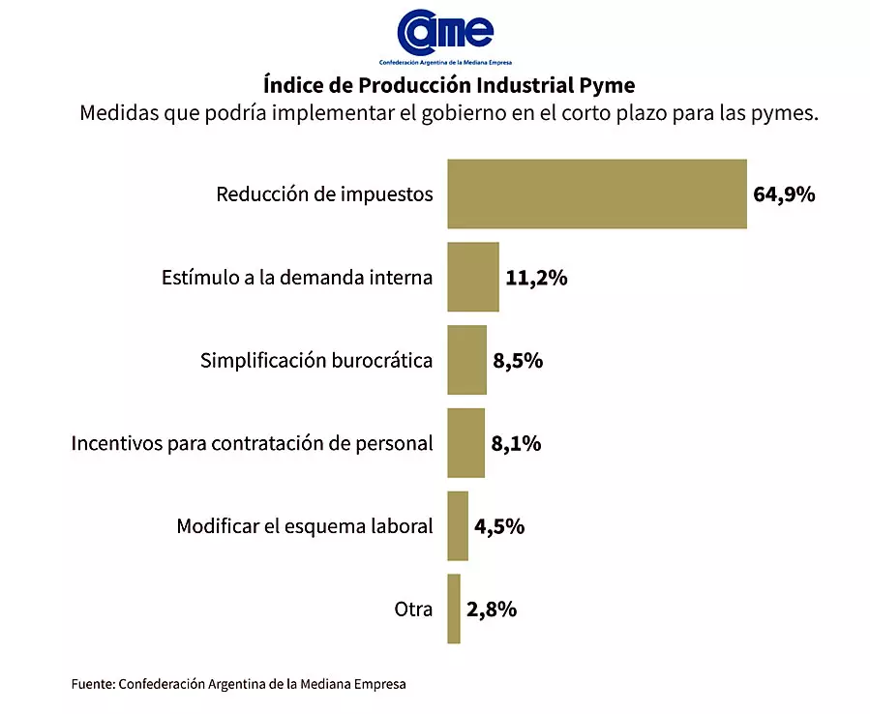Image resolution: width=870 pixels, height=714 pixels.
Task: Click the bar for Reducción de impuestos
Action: (x=596, y=193)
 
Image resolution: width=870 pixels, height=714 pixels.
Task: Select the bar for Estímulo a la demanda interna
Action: (x=472, y=277)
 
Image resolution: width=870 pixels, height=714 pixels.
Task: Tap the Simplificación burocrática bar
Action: (x=466, y=360)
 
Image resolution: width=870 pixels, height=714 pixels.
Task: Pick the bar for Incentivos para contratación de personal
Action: (x=465, y=443)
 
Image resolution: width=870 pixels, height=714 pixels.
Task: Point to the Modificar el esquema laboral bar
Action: (x=458, y=526)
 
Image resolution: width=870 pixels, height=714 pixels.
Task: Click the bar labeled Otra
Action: (x=454, y=610)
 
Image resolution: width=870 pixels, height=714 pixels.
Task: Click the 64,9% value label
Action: (x=784, y=194)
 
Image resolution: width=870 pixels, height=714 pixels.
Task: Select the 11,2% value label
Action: (x=536, y=278)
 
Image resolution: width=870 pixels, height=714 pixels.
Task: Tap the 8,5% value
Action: (x=518, y=361)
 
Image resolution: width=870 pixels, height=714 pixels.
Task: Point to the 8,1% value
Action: (x=516, y=444)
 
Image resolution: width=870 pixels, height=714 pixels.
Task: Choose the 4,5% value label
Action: (x=499, y=527)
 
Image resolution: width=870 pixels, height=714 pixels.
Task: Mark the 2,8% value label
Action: (x=492, y=610)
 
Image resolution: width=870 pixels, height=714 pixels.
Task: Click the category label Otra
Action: (x=413, y=610)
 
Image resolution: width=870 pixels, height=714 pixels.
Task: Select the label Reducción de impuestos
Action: (x=324, y=194)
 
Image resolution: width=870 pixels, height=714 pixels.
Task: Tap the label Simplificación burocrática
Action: (x=316, y=361)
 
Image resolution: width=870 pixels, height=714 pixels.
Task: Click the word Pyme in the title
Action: (x=606, y=83)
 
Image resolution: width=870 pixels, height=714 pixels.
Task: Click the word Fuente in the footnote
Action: (x=93, y=684)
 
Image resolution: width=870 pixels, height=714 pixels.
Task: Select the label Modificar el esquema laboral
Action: (x=304, y=527)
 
